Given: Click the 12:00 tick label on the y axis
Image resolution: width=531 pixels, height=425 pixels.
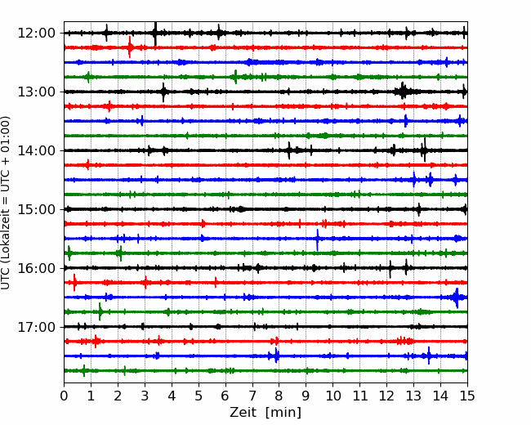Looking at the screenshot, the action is (36, 34).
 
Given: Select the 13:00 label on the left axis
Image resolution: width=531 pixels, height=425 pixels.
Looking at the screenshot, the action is (36, 92).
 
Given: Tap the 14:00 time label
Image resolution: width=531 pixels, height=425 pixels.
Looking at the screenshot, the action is (36, 150).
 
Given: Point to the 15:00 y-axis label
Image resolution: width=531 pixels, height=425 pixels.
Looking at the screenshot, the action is (36, 209).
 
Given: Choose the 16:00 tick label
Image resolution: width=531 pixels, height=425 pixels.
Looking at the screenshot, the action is (36, 268).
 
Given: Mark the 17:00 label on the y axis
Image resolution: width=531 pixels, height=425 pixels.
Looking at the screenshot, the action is (36, 327).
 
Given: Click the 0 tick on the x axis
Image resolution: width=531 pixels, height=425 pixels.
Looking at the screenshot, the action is (64, 396).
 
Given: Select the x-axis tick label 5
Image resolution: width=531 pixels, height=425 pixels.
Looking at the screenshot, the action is (199, 396).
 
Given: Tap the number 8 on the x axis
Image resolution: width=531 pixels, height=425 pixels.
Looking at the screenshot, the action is (279, 396).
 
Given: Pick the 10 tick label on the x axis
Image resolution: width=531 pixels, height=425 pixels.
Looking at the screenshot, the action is (332, 396).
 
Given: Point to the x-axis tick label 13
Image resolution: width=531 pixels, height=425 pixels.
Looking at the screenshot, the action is (413, 396).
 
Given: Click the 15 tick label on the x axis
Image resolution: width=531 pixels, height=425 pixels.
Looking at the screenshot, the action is (467, 396).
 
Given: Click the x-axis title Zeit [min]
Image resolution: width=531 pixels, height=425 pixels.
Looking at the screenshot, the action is (265, 413).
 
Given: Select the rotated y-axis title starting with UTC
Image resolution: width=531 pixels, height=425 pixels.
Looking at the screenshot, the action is (6, 203).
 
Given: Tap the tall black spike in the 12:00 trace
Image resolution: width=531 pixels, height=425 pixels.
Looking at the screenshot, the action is (155, 34).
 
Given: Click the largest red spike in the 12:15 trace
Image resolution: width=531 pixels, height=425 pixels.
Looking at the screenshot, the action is (130, 47).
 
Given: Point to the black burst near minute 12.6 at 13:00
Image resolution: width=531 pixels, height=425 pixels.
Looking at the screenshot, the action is (403, 91).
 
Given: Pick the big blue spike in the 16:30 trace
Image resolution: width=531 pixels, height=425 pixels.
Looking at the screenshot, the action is (457, 297).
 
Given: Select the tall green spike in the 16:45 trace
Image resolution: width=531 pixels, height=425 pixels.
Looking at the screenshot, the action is (100, 311).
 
